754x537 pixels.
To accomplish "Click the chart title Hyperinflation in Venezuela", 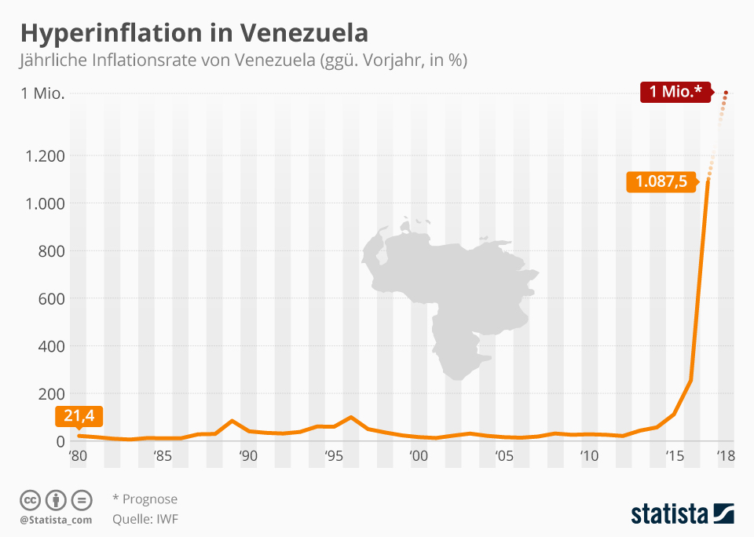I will pyautogui.click(x=194, y=33).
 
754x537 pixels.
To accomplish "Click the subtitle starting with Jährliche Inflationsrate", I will pyautogui.click(x=243, y=60).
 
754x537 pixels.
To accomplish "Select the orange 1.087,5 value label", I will pyautogui.click(x=661, y=182).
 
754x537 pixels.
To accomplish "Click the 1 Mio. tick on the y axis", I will pyautogui.click(x=42, y=94).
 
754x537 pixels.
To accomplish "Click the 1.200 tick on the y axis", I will pyautogui.click(x=45, y=155).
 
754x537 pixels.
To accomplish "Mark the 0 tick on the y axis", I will pyautogui.click(x=60, y=441).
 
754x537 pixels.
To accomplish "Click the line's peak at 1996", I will pyautogui.click(x=350, y=417).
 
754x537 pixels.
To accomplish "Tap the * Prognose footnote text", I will pyautogui.click(x=145, y=499).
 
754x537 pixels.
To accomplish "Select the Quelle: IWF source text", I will pyautogui.click(x=145, y=518).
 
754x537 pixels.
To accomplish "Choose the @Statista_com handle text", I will pyautogui.click(x=56, y=520).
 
